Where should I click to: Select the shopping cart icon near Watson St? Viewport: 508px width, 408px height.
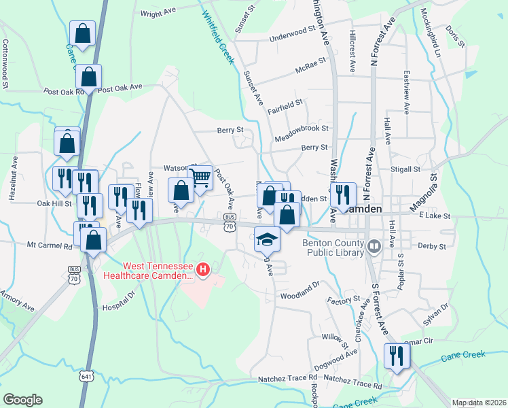200,178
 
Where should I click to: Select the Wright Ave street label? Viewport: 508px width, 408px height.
158,12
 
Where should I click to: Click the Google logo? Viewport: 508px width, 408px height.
22,400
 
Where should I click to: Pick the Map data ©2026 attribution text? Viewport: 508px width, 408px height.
479,403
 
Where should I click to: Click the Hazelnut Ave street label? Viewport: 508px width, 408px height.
13,177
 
